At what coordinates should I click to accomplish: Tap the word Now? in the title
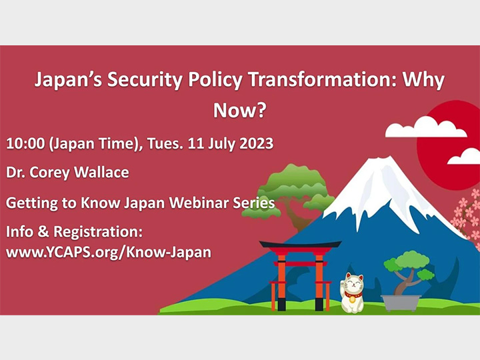coord(239,111)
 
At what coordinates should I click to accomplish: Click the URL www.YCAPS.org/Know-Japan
coord(109,253)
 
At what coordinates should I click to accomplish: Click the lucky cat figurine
coord(353,293)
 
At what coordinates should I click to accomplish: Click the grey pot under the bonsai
coord(401,302)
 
